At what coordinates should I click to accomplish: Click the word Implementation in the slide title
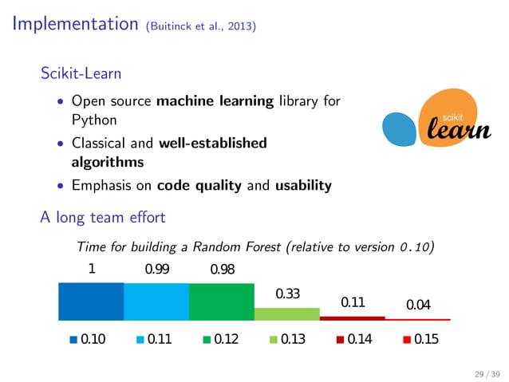76,24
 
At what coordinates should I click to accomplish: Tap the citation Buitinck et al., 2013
201,26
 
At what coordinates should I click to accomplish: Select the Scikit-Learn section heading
81,73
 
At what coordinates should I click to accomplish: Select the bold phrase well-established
213,144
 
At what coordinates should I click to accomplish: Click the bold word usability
303,186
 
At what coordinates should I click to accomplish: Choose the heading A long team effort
102,217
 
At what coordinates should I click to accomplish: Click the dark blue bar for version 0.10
91,301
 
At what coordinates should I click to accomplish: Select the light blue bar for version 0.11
156,301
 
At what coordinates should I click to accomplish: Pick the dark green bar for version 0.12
221,301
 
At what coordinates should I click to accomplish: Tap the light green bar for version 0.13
286,313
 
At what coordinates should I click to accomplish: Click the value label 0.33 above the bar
287,294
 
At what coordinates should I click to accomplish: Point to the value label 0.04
418,305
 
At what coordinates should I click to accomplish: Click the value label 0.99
156,270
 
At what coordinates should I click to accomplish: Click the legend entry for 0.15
420,340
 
